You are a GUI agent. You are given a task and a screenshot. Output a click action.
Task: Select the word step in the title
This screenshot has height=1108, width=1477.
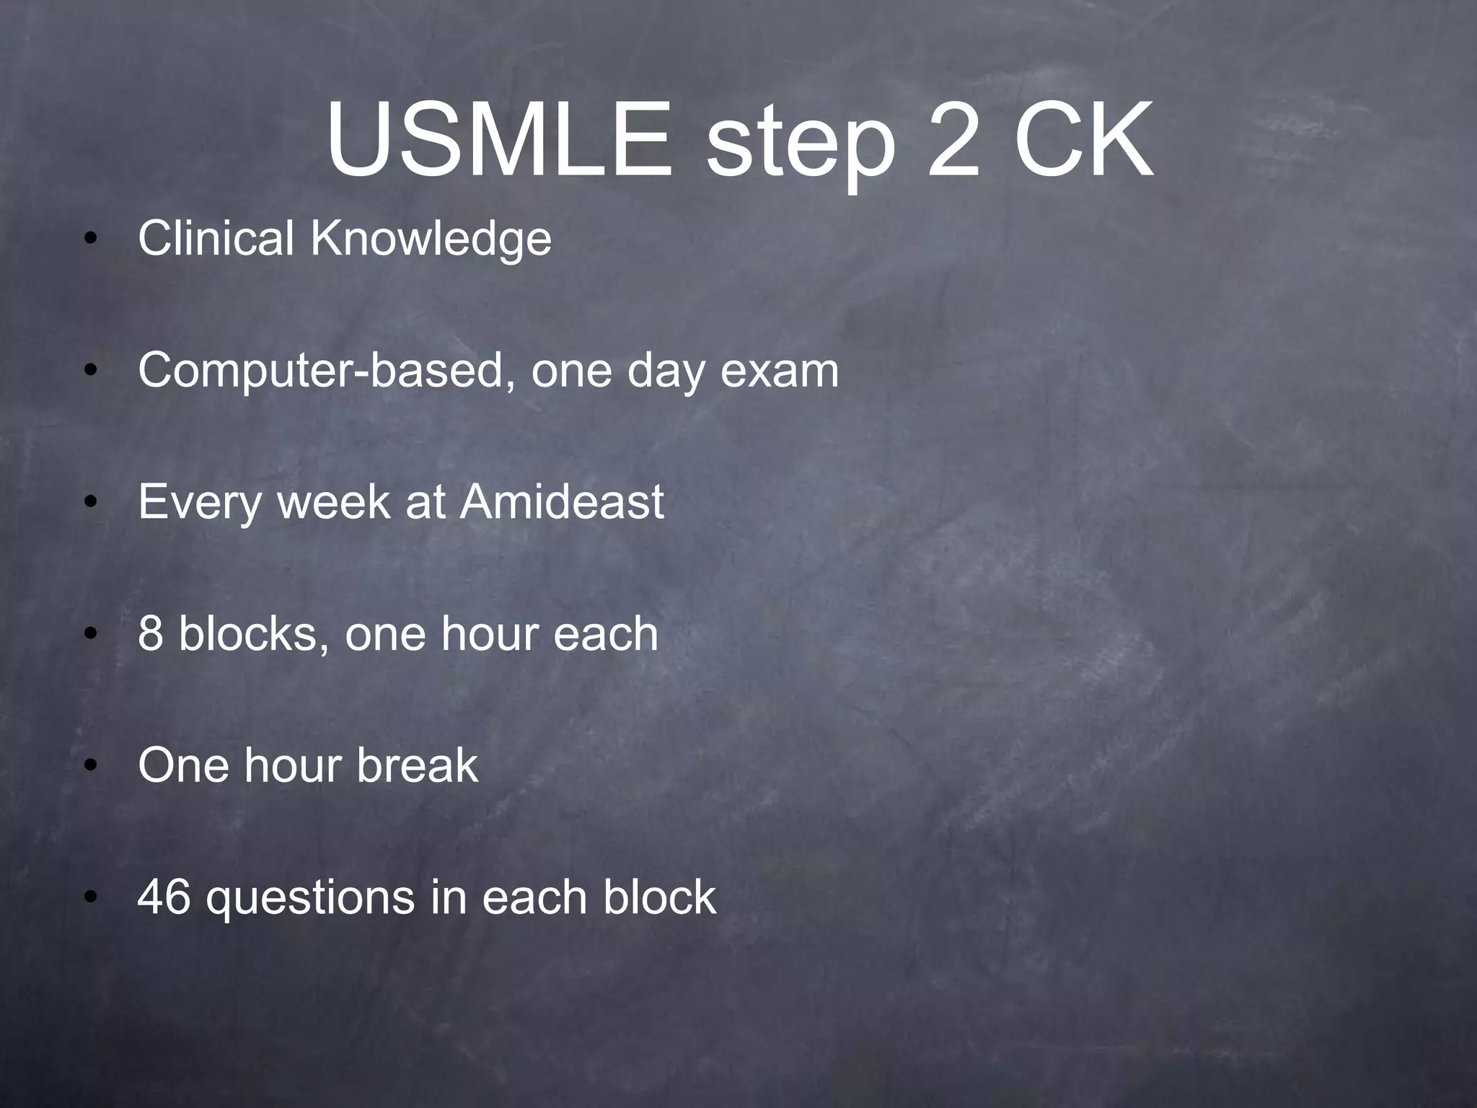click(801, 144)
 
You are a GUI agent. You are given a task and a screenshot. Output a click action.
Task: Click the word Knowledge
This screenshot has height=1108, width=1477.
click(431, 239)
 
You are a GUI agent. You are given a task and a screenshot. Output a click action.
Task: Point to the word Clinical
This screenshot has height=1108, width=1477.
click(216, 239)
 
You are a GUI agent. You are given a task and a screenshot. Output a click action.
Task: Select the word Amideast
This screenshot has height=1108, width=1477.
click(562, 502)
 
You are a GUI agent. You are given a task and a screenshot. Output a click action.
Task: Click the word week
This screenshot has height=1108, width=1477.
click(333, 502)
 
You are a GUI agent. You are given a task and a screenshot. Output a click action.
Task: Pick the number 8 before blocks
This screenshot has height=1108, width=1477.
click(150, 634)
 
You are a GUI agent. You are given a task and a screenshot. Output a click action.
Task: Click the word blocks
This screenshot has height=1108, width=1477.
click(250, 634)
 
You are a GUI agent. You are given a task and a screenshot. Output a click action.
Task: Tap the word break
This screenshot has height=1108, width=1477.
click(418, 765)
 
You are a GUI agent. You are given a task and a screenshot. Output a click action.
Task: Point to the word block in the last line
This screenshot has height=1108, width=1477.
click(660, 897)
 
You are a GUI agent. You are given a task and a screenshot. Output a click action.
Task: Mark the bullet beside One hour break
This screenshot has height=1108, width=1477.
click(89, 767)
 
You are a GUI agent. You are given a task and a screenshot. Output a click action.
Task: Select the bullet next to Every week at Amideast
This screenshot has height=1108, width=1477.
click(89, 504)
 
